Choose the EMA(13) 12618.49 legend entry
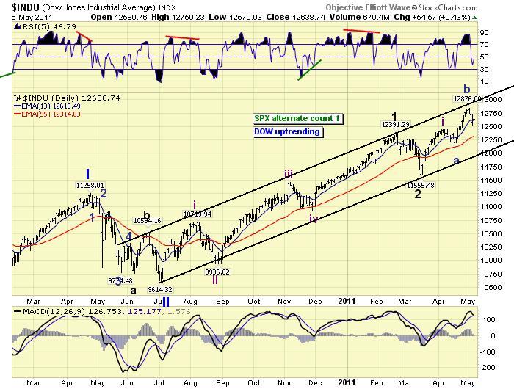pos(50,105)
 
